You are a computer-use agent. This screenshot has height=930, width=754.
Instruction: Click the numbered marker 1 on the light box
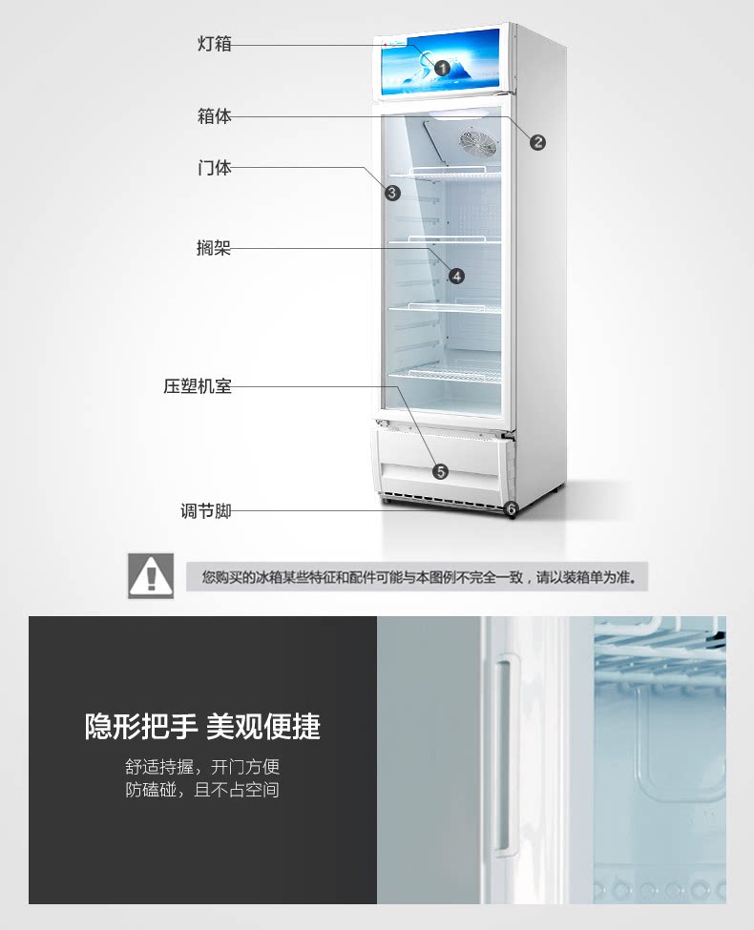click(442, 68)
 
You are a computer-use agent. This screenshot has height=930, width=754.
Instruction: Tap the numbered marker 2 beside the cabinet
click(538, 142)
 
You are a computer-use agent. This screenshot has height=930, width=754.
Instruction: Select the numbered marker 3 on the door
click(392, 192)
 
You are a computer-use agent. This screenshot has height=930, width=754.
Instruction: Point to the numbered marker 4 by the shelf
click(456, 276)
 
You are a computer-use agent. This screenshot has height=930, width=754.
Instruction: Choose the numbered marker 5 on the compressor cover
click(440, 471)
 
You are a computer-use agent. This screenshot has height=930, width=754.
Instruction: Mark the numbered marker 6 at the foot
click(511, 509)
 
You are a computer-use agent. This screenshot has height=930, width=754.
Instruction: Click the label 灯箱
click(215, 44)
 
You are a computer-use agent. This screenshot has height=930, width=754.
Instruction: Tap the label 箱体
click(215, 116)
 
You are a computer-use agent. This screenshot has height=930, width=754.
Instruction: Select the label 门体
click(215, 168)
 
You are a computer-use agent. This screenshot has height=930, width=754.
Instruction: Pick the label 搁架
click(214, 249)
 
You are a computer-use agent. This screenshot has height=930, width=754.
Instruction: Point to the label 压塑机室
click(198, 386)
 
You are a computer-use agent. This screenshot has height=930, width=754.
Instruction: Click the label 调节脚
click(206, 510)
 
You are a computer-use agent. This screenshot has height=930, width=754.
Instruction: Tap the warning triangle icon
click(151, 575)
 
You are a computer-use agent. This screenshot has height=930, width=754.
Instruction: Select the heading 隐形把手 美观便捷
click(202, 727)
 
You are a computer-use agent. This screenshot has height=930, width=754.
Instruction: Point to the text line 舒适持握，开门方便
click(202, 767)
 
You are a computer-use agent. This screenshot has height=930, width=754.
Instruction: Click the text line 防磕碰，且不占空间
click(202, 790)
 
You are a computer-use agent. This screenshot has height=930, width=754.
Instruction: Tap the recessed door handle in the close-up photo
click(502, 754)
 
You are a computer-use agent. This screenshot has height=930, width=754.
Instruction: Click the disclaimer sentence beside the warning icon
click(418, 577)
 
